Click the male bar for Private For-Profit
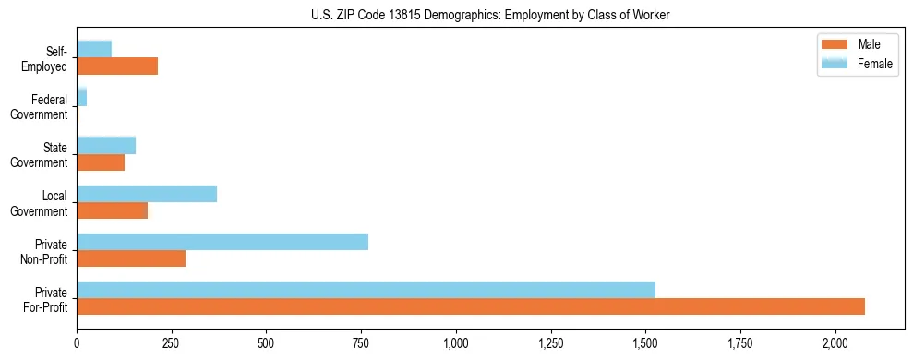(x=471, y=306)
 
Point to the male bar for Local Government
(x=112, y=210)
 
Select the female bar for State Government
(x=106, y=145)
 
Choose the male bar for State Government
(x=101, y=162)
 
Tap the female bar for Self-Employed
(x=94, y=49)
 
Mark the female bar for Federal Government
(x=81, y=97)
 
